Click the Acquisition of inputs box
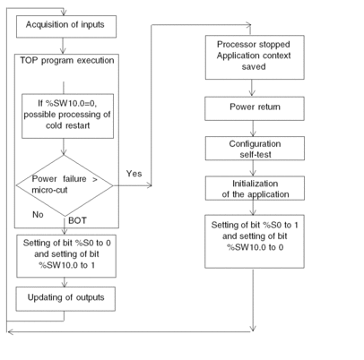[66, 27]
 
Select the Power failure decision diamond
[65, 185]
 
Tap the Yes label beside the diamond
[134, 174]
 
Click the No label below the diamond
[38, 214]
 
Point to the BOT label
[77, 220]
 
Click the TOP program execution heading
[67, 60]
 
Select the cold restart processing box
[67, 116]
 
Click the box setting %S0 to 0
[66, 256]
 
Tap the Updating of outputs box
[65, 299]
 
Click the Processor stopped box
[255, 57]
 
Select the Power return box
[255, 108]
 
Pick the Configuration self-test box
[255, 149]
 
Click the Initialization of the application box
[255, 188]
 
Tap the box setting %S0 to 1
[255, 241]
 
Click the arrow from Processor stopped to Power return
[252, 88]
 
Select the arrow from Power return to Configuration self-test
[253, 128]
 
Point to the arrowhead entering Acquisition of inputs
[64, 13]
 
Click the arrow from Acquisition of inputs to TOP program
[63, 46]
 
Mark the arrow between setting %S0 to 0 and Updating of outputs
[65, 282]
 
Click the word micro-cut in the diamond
[49, 190]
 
